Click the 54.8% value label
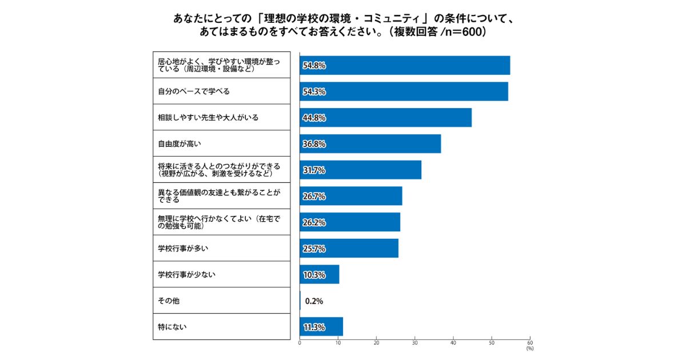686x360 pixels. [314, 66]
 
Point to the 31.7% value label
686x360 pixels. [314, 170]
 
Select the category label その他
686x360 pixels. [169, 301]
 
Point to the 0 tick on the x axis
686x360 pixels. [300, 343]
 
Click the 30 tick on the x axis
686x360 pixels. [415, 343]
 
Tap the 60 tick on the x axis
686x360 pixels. [530, 343]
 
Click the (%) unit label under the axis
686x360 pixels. [529, 349]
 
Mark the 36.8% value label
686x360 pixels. [314, 144]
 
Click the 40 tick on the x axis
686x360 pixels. [453, 343]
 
